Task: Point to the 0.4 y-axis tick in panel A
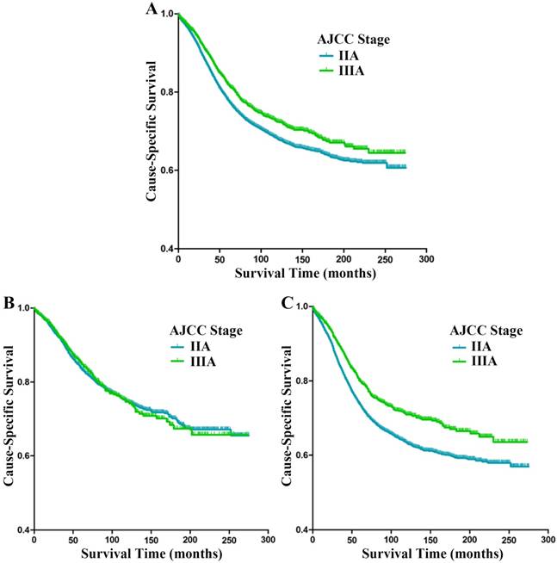point(164,249)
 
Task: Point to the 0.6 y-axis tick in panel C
point(299,455)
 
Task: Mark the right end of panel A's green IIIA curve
point(405,152)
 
